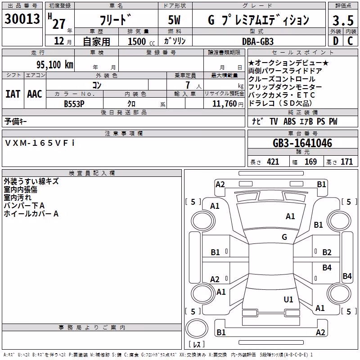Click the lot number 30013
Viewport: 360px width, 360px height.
pyautogui.click(x=22, y=18)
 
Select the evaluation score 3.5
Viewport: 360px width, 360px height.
pyautogui.click(x=343, y=20)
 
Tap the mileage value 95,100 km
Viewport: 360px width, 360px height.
pyautogui.click(x=54, y=64)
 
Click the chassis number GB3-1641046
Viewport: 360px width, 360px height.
pyautogui.click(x=302, y=143)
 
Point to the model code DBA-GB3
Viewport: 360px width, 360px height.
pyautogui.click(x=258, y=41)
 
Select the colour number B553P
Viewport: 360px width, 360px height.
pyautogui.click(x=74, y=104)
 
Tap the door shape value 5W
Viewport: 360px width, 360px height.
pyautogui.click(x=174, y=20)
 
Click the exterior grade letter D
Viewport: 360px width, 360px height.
pyautogui.click(x=336, y=41)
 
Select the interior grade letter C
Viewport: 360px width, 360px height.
pyautogui.click(x=350, y=41)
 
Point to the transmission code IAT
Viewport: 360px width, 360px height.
pyautogui.click(x=13, y=94)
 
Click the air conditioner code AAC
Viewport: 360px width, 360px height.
pyautogui.click(x=35, y=94)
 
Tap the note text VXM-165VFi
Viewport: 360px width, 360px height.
pyautogui.click(x=40, y=143)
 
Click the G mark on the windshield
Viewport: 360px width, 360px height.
pyautogui.click(x=284, y=237)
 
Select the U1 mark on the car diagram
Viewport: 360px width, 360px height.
pyautogui.click(x=288, y=299)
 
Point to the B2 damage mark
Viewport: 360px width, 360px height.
pyautogui.click(x=327, y=252)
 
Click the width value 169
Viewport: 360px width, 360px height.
pyautogui.click(x=310, y=162)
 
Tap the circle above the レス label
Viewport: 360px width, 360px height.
pyautogui.click(x=197, y=328)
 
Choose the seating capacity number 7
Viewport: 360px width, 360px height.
pyautogui.click(x=188, y=85)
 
